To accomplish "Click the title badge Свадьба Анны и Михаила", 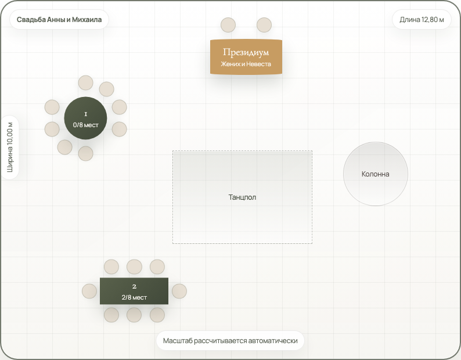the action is (59, 19).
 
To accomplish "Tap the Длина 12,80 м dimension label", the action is (422, 19).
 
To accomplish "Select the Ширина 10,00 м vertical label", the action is (10, 147).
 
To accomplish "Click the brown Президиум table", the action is (246, 57).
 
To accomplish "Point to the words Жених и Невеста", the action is (246, 64).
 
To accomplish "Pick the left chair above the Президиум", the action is (228, 25).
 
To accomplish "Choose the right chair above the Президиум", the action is (264, 25).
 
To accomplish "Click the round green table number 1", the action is (85, 118).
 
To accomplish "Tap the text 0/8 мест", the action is (85, 125).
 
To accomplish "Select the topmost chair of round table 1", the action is (85, 82).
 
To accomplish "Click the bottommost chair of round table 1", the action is (85, 153).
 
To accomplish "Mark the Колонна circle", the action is (376, 174).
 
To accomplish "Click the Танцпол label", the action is (242, 197).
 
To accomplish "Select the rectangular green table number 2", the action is (134, 291).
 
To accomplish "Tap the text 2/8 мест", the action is (134, 297).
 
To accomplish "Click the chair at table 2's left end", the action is (89, 291).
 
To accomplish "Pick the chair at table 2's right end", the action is (179, 291).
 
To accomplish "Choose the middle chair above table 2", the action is (134, 267).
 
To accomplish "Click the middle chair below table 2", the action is (134, 315).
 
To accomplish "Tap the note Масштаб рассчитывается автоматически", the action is (230, 341).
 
